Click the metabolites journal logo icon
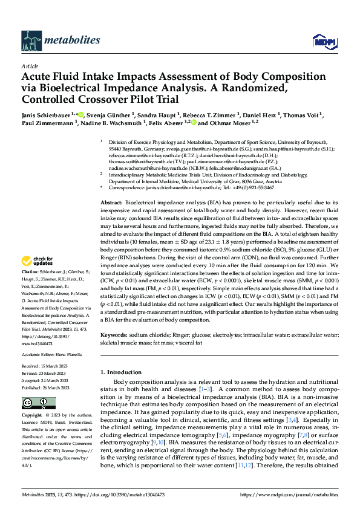[31, 40]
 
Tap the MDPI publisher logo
[322, 41]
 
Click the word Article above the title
[30, 66]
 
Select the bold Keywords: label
[114, 334]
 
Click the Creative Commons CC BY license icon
[38, 404]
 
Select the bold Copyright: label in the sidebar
[33, 416]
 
